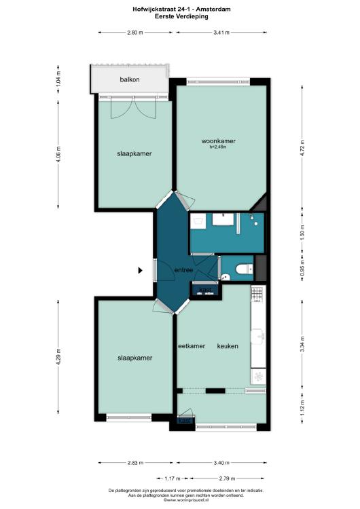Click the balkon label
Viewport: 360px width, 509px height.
click(x=130, y=79)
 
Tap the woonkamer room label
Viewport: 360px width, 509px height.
click(x=218, y=141)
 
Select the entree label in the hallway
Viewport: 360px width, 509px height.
click(x=183, y=269)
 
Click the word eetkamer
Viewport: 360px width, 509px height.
click(x=192, y=346)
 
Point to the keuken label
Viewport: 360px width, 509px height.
click(x=228, y=346)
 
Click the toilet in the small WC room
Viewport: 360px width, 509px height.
click(x=245, y=269)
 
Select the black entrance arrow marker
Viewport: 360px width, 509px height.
click(x=141, y=270)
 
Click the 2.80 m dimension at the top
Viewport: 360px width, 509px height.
click(x=135, y=33)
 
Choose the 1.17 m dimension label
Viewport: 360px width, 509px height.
click(x=173, y=478)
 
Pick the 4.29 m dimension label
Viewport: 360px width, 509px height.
click(x=58, y=357)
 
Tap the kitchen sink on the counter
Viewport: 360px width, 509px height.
click(x=258, y=336)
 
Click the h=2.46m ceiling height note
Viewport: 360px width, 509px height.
click(x=218, y=147)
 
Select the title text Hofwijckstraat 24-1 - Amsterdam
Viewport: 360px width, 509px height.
click(x=181, y=9)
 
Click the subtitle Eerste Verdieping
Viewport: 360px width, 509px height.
click(x=181, y=16)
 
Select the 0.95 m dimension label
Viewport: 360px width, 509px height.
click(x=302, y=268)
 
